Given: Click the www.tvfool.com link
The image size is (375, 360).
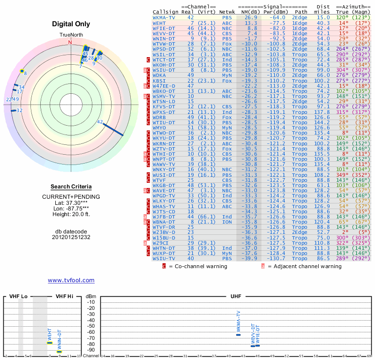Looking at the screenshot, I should point(71,280).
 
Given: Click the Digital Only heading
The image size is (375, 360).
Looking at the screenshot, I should point(71,24).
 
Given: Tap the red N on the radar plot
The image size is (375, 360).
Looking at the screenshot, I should point(70,42).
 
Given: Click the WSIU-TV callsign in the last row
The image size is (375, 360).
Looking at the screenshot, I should point(164,258).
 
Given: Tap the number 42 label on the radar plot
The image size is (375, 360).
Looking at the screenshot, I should point(100,122).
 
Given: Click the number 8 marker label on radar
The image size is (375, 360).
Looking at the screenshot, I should point(25,74).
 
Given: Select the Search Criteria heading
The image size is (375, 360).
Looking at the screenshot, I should point(71,187).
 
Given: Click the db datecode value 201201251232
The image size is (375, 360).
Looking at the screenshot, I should point(71,237).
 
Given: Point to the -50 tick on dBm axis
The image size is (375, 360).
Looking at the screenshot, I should point(91,326).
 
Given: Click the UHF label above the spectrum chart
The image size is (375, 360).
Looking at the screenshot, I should point(236,297).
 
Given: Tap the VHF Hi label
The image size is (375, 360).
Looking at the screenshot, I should point(65,297).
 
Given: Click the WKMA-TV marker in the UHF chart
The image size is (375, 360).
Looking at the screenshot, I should point(238,334).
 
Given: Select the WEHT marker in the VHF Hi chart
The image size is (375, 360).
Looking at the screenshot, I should point(49,343).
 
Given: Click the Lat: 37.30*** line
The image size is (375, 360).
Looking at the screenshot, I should point(71,202).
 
